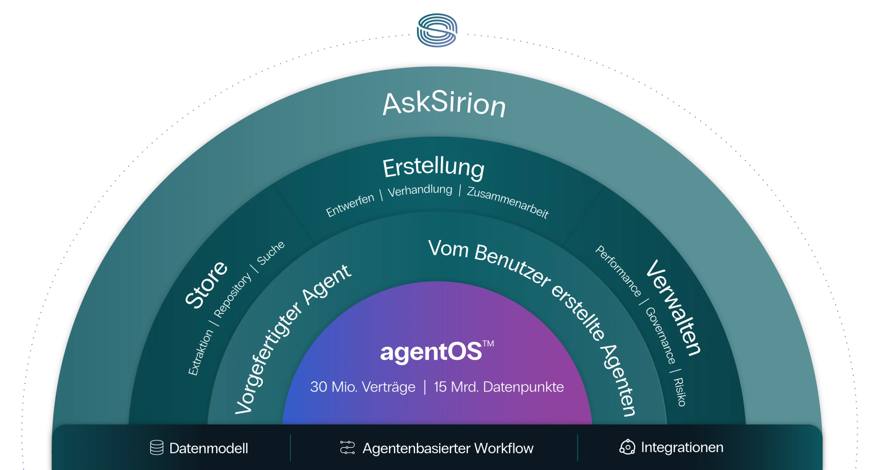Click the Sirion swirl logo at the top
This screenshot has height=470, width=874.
click(x=437, y=30)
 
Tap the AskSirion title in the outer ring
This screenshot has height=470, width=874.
click(x=444, y=103)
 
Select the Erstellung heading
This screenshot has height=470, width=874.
click(x=434, y=167)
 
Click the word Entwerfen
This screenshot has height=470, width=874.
click(x=350, y=205)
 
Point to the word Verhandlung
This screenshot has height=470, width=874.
click(x=420, y=191)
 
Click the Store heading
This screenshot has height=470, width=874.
click(x=206, y=285)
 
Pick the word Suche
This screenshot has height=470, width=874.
click(x=271, y=253)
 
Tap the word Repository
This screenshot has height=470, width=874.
click(x=232, y=295)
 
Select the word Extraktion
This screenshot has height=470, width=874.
click(x=201, y=352)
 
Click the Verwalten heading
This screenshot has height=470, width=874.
click(x=674, y=307)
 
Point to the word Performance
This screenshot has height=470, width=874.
click(x=618, y=271)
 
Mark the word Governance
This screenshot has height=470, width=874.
click(x=660, y=335)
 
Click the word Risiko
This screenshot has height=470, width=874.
click(x=679, y=392)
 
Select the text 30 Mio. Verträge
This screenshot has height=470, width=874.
click(x=363, y=387)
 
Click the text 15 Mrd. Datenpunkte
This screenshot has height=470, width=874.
click(x=499, y=387)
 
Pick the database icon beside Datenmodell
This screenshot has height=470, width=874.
click(x=157, y=447)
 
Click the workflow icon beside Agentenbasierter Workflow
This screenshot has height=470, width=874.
click(x=348, y=447)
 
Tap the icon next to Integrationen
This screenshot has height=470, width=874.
click(x=627, y=447)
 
